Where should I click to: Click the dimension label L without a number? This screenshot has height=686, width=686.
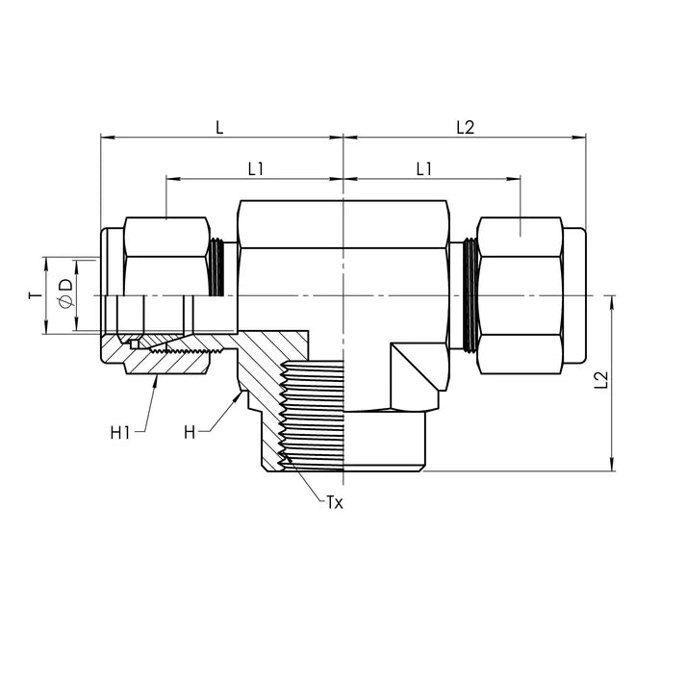[219, 127]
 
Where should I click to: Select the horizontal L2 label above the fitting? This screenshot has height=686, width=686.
[465, 127]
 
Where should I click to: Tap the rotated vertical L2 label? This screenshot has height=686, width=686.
[600, 380]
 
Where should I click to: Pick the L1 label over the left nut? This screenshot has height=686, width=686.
[255, 168]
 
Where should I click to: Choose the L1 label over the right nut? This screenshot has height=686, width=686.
[423, 168]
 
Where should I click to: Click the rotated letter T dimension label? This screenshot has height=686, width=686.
[33, 295]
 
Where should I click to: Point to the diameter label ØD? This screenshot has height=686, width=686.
[65, 295]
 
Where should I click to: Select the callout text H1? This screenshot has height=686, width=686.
[120, 433]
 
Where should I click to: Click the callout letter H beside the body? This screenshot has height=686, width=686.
[190, 433]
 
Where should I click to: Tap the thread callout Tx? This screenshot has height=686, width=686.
[334, 503]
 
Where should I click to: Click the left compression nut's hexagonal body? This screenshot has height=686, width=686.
[166, 255]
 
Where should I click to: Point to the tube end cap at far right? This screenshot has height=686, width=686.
[574, 294]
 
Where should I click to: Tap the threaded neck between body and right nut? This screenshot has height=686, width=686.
[470, 293]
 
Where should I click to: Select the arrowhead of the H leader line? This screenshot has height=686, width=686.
[239, 394]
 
